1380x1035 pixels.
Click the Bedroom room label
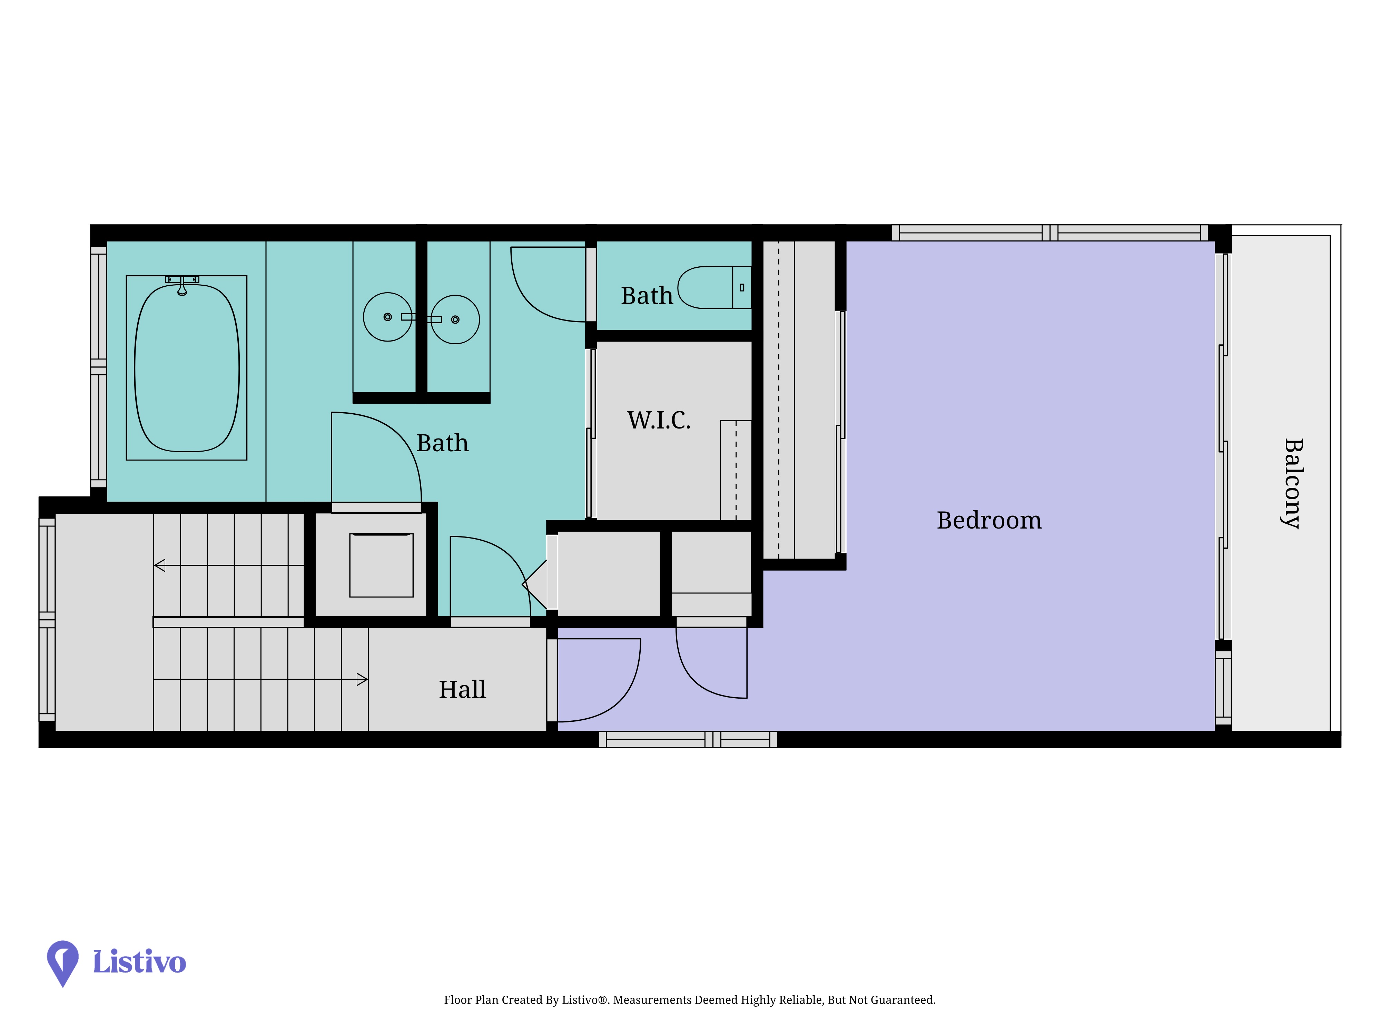coord(989,520)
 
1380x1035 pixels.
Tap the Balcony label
coord(1293,483)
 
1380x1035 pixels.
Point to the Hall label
coord(462,689)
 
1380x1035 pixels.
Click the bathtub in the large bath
coord(187,368)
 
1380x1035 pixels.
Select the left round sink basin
coord(387,317)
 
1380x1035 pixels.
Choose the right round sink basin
coord(455,319)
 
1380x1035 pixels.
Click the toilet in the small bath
coord(715,288)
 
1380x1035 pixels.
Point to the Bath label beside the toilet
coord(647,296)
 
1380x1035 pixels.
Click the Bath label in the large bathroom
coord(442,443)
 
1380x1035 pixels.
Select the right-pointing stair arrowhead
coord(362,679)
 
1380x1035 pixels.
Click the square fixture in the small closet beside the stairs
coord(381,565)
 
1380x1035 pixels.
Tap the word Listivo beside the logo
coord(139,962)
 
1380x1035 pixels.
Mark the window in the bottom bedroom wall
coord(688,739)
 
